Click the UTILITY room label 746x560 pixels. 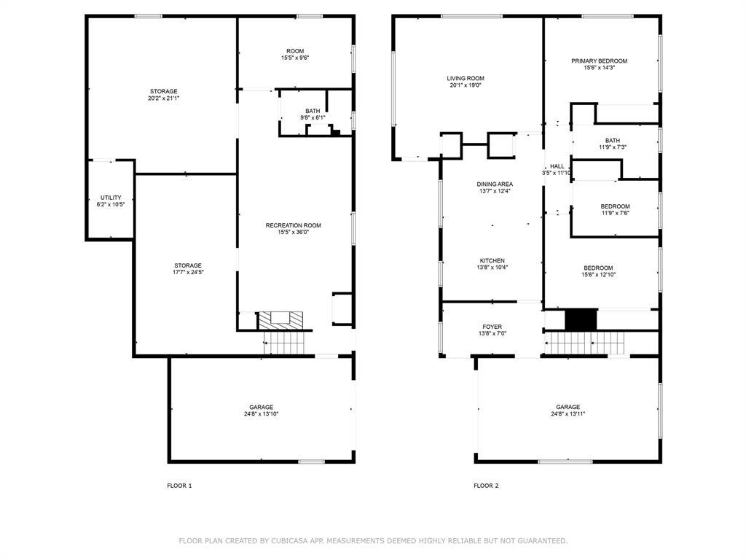tap(111, 198)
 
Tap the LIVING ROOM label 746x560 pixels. tap(466, 79)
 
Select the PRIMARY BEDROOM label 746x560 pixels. tap(599, 61)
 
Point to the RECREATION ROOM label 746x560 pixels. tap(293, 226)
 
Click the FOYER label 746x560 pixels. tap(492, 327)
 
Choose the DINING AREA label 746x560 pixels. tap(495, 184)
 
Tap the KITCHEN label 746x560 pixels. tap(492, 261)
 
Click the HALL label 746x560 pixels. tap(557, 167)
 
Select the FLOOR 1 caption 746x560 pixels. tap(179, 486)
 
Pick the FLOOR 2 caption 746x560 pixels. tap(486, 486)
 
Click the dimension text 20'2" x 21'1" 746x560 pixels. tap(164, 98)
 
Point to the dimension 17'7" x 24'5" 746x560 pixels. tap(188, 273)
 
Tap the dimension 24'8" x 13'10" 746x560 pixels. tap(262, 414)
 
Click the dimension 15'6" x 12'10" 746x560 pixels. tap(599, 275)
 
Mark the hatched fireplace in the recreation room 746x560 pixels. tap(280, 320)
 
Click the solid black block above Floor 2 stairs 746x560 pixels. tap(581, 319)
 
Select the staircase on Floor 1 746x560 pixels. tap(284, 343)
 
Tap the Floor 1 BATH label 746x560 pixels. tap(313, 112)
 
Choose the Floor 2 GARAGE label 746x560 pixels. tap(568, 407)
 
